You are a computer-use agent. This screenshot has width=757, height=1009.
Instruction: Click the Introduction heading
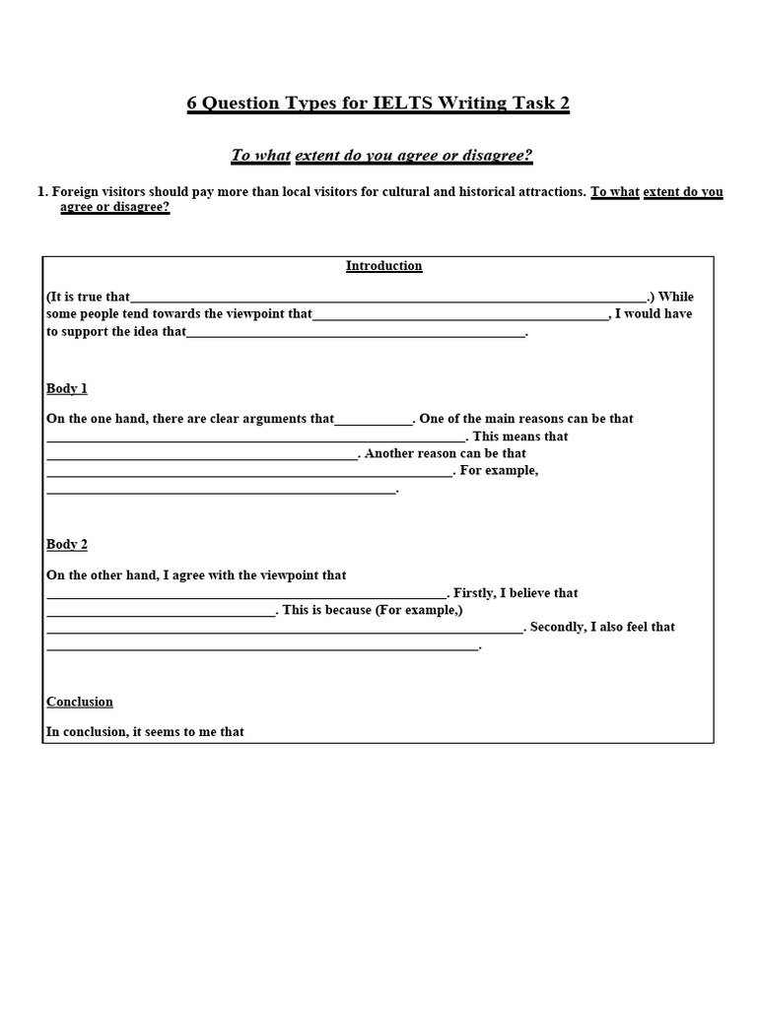pyautogui.click(x=383, y=266)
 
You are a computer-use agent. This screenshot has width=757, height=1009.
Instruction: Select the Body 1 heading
pyautogui.click(x=67, y=389)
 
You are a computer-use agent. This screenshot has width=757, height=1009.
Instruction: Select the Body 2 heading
pyautogui.click(x=67, y=545)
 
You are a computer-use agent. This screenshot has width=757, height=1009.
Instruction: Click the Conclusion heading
pyautogui.click(x=80, y=703)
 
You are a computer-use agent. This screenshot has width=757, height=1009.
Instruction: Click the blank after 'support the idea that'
pyautogui.click(x=356, y=333)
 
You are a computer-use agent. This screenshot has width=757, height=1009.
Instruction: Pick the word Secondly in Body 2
pyautogui.click(x=561, y=627)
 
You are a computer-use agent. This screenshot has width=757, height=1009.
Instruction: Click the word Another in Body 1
pyautogui.click(x=389, y=454)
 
